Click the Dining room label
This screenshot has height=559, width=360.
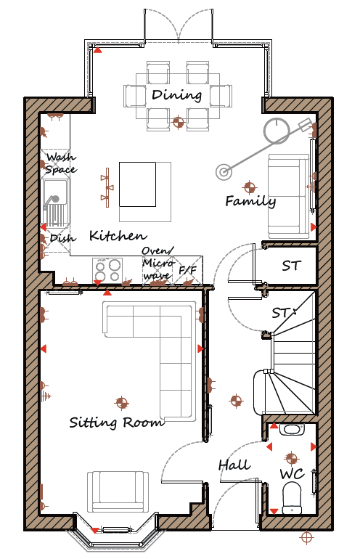click(177, 95)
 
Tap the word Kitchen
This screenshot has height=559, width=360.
click(118, 235)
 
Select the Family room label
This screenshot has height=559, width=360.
click(250, 201)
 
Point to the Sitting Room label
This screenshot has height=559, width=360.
click(117, 422)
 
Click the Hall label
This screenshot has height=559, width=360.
click(234, 465)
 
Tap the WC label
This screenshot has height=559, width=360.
click(292, 474)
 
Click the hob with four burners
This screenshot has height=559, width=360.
click(107, 270)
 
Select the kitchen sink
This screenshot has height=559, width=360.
click(55, 203)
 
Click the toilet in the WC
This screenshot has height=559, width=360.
click(292, 498)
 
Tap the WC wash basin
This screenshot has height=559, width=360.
click(292, 430)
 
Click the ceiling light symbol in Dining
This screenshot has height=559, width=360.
click(179, 122)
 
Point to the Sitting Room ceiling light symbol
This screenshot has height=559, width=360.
click(121, 403)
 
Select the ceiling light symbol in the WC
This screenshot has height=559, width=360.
click(291, 458)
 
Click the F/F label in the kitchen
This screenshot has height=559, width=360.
click(187, 270)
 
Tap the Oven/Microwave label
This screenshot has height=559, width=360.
click(158, 263)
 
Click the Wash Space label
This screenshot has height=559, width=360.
click(60, 163)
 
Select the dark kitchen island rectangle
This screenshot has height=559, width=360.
click(138, 184)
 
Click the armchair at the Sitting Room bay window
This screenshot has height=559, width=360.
click(118, 492)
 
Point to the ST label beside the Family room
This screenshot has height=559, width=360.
click(292, 266)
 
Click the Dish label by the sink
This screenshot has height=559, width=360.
click(62, 238)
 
